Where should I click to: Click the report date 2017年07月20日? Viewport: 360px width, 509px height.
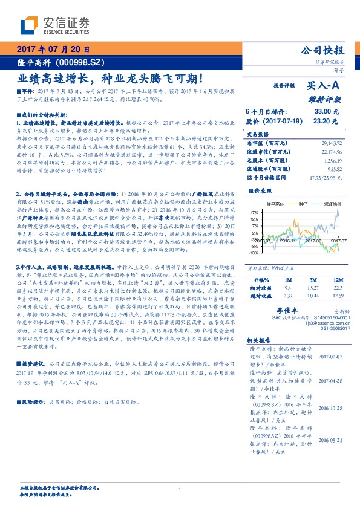point(53,50)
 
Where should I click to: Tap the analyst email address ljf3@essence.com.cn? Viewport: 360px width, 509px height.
point(320,323)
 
